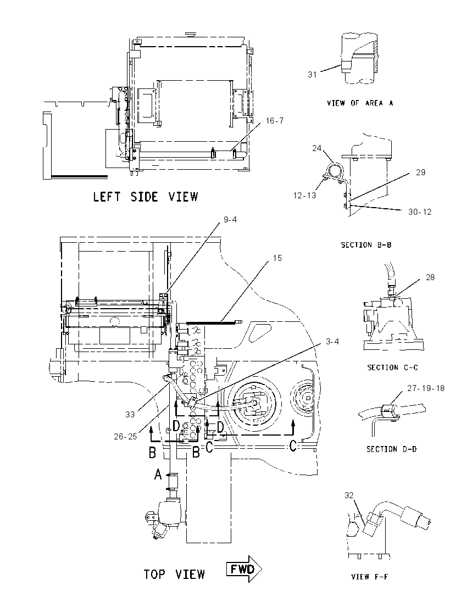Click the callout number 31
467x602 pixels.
click(x=312, y=75)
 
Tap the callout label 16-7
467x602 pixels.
click(x=275, y=120)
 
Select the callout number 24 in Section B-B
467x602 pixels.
click(x=316, y=148)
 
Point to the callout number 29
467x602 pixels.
click(x=420, y=172)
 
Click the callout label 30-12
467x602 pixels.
click(x=420, y=211)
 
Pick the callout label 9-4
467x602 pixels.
click(x=230, y=219)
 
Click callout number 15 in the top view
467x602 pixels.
click(x=277, y=258)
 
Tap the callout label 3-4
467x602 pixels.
click(x=332, y=341)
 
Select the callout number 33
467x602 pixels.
click(x=130, y=414)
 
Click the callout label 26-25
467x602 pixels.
click(x=125, y=436)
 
